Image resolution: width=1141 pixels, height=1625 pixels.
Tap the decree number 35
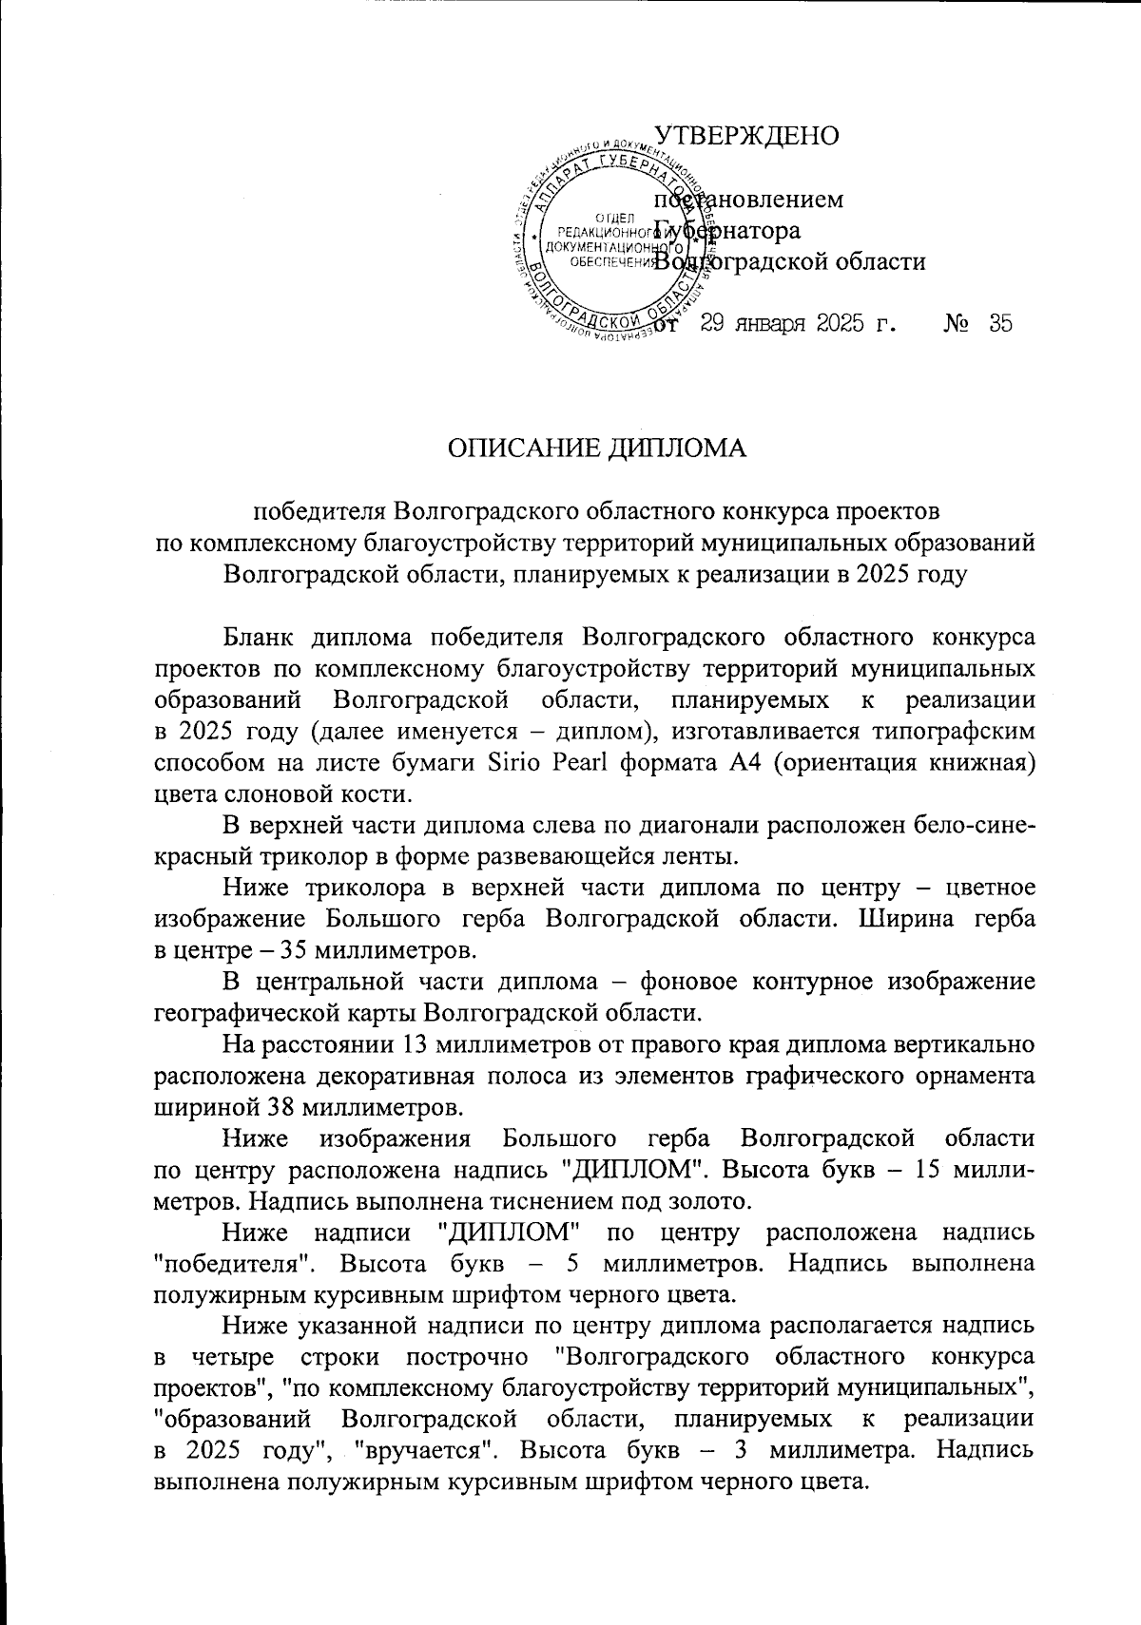pos(1000,323)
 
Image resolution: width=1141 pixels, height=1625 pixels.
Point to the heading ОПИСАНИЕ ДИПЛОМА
pos(598,449)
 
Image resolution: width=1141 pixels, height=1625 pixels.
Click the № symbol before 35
pos(957,323)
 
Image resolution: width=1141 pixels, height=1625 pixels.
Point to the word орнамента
pos(968,1076)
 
